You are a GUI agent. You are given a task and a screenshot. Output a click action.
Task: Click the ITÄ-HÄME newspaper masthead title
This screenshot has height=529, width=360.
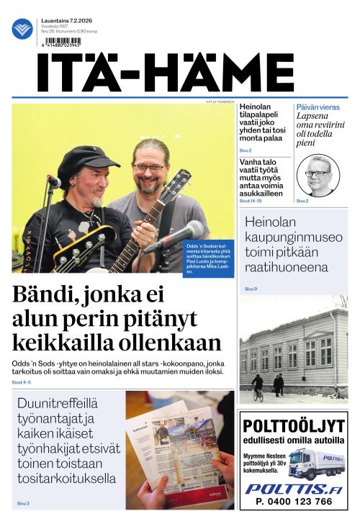click(166, 72)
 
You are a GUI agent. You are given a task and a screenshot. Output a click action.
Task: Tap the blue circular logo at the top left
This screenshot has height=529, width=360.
click(22, 29)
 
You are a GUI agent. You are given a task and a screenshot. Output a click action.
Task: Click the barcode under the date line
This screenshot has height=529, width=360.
click(63, 41)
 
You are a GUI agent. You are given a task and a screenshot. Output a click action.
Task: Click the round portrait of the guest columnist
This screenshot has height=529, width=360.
click(318, 176)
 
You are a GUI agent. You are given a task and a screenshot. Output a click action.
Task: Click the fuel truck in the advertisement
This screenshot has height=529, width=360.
click(316, 464)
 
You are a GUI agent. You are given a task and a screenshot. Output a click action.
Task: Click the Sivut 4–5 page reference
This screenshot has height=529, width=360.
click(22, 383)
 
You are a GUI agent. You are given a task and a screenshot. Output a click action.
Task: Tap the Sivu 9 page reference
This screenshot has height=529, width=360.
click(251, 289)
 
